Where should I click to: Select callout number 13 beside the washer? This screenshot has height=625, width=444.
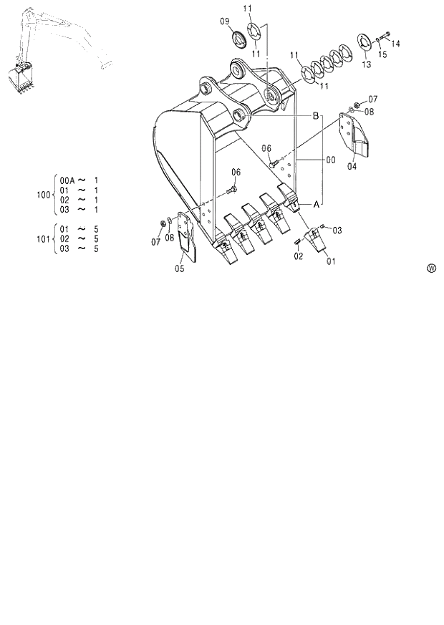point(367,64)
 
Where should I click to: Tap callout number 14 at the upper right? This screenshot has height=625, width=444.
point(395,44)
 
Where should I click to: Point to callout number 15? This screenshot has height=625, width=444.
point(382,54)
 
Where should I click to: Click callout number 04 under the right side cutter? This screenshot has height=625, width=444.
point(352,166)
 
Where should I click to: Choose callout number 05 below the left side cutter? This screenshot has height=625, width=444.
point(179,268)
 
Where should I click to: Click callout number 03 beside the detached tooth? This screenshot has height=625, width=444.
point(337,230)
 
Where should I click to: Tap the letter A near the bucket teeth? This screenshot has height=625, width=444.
point(314,203)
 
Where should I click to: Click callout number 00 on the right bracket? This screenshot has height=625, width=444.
point(330,160)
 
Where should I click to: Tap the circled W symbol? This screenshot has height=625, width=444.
point(432,268)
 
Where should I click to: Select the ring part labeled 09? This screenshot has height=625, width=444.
point(238,37)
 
